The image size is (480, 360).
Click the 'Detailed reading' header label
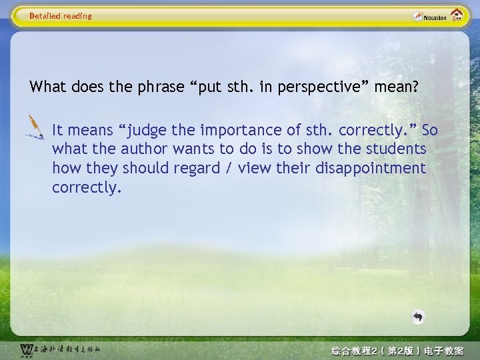(x=61, y=16)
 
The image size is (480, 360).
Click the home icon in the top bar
(x=457, y=15)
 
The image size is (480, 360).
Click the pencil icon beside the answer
(x=34, y=126)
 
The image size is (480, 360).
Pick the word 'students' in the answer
(x=395, y=149)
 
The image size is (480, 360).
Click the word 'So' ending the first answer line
(x=429, y=130)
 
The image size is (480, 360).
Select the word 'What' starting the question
(x=45, y=87)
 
